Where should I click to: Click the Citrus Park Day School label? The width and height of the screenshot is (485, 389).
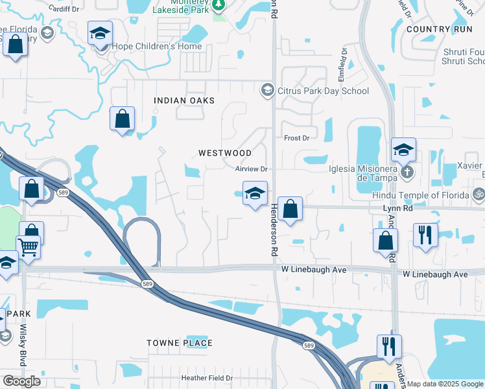tap(323, 91)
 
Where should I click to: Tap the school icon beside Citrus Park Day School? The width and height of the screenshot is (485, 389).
tap(266, 89)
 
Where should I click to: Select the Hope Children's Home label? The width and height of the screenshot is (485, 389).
tap(156, 47)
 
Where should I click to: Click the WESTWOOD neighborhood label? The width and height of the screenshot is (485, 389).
tap(225, 153)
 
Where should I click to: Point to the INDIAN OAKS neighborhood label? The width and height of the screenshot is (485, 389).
tap(183, 100)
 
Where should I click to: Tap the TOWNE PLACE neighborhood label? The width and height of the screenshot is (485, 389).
tap(180, 343)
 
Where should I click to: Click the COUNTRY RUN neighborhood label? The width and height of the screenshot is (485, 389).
tap(437, 30)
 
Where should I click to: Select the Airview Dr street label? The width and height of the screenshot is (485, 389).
tap(252, 169)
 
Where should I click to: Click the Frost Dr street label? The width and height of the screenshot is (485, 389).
tap(297, 138)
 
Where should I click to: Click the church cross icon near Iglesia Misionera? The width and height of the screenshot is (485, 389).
tap(407, 172)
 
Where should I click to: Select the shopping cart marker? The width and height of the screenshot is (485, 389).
tap(28, 246)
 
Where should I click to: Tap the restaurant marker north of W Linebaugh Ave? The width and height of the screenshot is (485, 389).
tap(425, 235)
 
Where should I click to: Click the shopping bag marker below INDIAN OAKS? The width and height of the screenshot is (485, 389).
tap(122, 119)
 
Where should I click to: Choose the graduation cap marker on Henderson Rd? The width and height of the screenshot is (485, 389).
tap(255, 193)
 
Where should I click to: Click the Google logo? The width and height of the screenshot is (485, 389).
tap(22, 381)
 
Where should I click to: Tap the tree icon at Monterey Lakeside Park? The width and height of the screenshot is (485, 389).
tap(219, 5)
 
